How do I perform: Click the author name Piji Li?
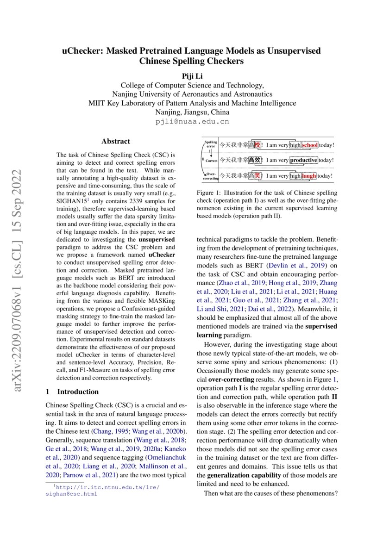click(x=192, y=76)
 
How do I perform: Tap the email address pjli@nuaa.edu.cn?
click(x=192, y=122)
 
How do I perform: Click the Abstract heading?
click(x=116, y=141)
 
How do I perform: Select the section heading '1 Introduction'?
click(x=72, y=392)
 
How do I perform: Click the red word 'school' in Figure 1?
click(x=309, y=145)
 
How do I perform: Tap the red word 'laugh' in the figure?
click(x=309, y=175)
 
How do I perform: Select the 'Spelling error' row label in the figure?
click(x=211, y=143)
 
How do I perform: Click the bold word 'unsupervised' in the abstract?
click(x=157, y=240)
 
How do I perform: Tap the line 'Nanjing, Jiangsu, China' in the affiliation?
click(x=192, y=112)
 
